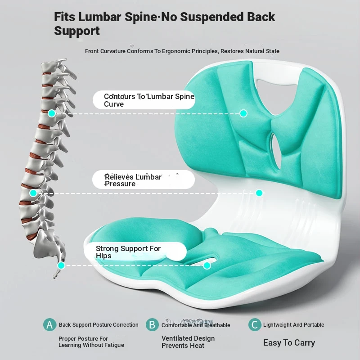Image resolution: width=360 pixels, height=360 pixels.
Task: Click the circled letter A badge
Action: (x=50, y=325)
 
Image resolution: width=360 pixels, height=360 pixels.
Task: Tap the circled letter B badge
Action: (x=153, y=325)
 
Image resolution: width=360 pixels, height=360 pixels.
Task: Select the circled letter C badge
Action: (x=255, y=325)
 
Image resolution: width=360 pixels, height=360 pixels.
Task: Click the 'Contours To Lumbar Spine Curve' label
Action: (x=144, y=100)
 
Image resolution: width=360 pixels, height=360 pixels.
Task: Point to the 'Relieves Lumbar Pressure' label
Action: (x=143, y=180)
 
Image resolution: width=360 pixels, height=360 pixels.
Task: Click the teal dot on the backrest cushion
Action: (x=243, y=113)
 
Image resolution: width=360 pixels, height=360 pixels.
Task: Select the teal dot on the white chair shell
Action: (x=259, y=193)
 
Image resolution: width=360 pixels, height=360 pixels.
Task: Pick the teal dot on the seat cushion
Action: (x=207, y=265)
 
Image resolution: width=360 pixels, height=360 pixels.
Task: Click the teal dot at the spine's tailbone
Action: (x=61, y=265)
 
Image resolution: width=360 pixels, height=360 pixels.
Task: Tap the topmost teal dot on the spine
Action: (x=52, y=113)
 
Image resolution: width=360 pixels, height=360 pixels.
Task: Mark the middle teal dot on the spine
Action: (x=33, y=193)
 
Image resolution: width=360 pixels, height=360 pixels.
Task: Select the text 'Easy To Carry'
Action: (x=289, y=343)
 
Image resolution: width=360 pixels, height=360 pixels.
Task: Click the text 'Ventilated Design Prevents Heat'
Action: (x=188, y=342)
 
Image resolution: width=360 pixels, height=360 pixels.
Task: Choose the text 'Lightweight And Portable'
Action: (x=293, y=325)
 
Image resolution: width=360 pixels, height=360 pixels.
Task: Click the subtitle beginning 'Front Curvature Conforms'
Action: (x=182, y=51)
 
